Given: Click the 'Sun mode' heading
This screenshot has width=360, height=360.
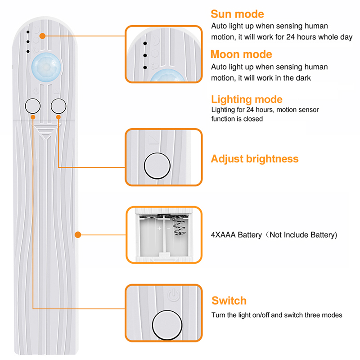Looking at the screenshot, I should point(237,14).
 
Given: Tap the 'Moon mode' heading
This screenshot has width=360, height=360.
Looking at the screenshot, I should point(241,54).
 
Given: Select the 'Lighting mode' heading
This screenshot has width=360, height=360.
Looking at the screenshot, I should point(247,99).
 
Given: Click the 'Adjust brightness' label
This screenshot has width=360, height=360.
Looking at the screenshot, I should point(255,159).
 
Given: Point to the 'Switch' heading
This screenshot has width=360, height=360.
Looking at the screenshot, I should point(229,301).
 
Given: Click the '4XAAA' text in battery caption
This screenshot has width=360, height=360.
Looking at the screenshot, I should point(224,235).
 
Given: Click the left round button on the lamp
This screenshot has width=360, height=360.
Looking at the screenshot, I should point(32,106).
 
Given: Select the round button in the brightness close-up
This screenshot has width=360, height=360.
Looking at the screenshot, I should point(157,165).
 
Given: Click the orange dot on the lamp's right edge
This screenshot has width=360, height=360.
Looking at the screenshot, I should point(78,234).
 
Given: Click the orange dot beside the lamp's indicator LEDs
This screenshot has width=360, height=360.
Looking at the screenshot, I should point(42,35).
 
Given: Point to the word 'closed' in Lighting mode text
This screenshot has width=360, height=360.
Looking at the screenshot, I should point(253,119).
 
